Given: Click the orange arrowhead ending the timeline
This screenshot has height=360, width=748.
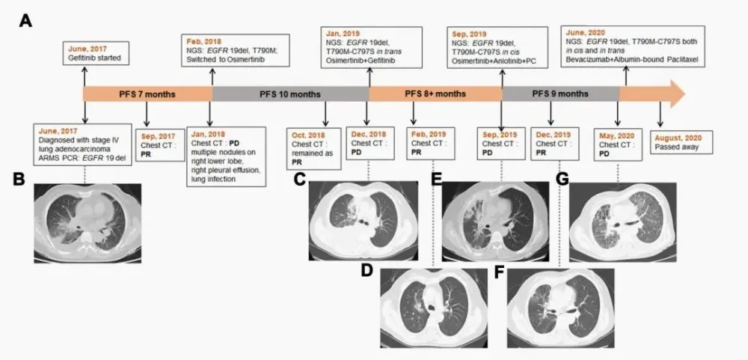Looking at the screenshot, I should click(672, 94).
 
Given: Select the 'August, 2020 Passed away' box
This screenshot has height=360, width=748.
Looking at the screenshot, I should click(681, 142).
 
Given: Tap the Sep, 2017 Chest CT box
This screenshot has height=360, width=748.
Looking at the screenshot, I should click(159, 141).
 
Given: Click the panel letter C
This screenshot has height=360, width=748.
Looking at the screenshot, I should click(300, 179).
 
